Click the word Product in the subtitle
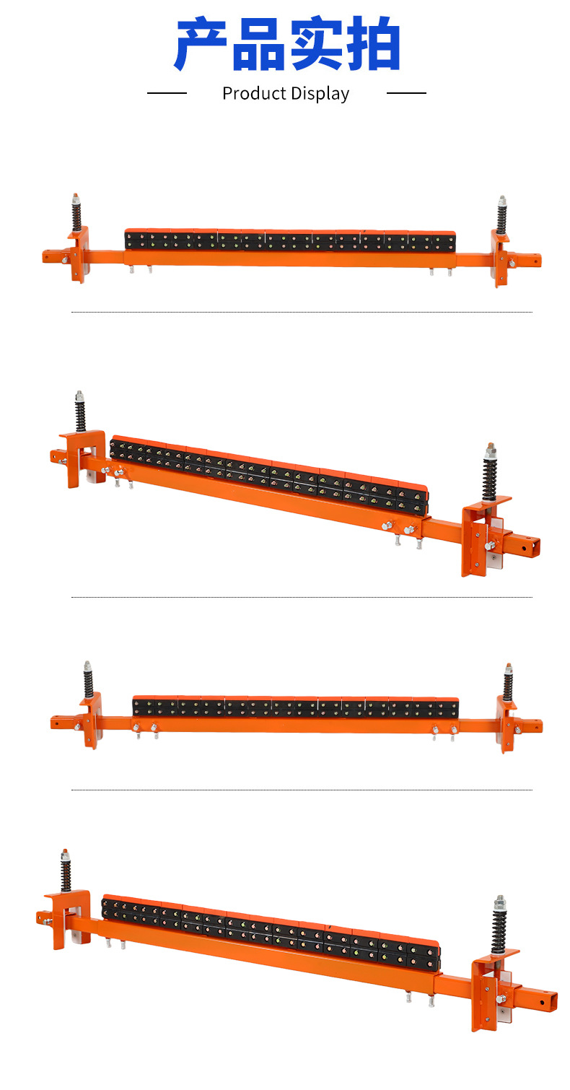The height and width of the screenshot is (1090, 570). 254,93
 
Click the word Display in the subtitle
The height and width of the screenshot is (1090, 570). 320,94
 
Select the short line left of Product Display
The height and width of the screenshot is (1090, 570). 167,92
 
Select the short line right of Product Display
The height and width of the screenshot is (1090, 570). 406,92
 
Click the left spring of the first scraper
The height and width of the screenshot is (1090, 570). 76,214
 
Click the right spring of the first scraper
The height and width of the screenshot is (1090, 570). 501,217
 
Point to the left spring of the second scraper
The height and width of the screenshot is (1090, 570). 80,415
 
